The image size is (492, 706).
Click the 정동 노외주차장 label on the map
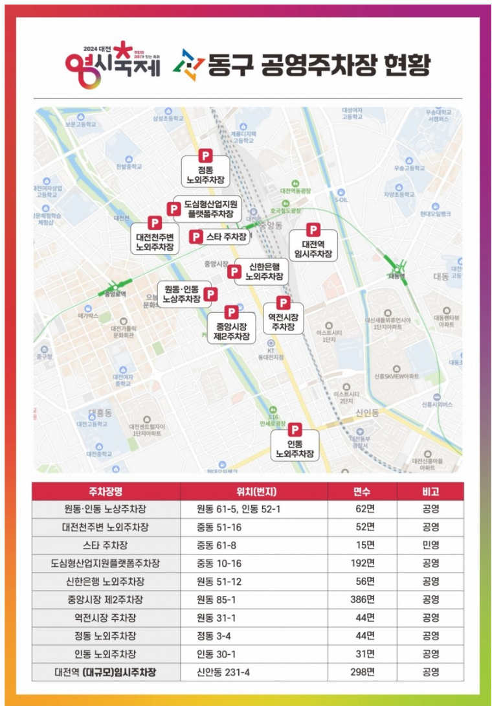click(x=206, y=174)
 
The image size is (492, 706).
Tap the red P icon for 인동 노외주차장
click(x=295, y=429)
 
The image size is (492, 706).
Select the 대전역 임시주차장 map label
click(x=313, y=249)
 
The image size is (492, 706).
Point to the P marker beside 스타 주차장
click(x=196, y=237)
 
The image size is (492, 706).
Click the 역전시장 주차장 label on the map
click(x=284, y=323)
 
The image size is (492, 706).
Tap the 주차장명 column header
click(x=106, y=491)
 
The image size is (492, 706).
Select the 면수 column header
click(x=362, y=491)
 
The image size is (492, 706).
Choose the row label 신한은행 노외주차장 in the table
click(x=106, y=581)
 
